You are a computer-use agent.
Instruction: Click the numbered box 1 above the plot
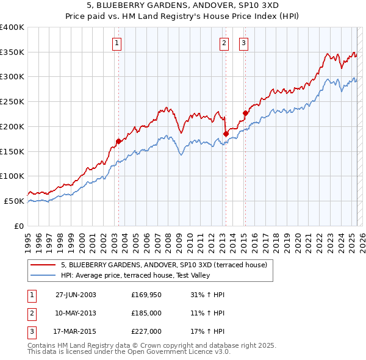click(117, 43)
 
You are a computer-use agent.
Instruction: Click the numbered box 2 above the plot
click(224, 43)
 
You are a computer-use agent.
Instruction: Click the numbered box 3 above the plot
click(243, 43)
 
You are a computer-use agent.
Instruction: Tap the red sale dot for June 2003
click(118, 141)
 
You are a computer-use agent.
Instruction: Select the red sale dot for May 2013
click(226, 134)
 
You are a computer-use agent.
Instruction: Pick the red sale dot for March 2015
click(245, 113)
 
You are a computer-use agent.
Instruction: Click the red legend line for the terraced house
click(43, 265)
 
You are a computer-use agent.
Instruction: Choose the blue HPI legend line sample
click(43, 275)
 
